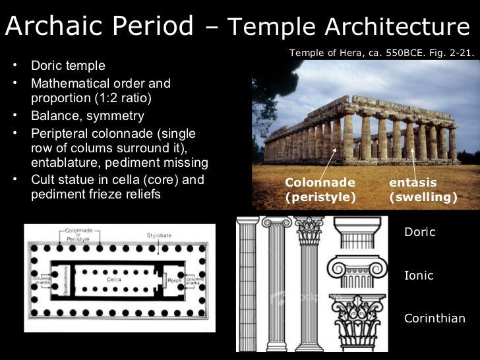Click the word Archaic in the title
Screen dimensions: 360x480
pos(52,26)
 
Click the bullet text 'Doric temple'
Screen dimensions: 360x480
pos(67,66)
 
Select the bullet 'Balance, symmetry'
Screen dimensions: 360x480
pos(87,116)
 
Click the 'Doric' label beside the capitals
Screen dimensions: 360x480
pos(419,233)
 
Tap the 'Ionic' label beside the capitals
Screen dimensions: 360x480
pos(419,276)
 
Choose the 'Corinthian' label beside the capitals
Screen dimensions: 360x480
pos(434,318)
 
